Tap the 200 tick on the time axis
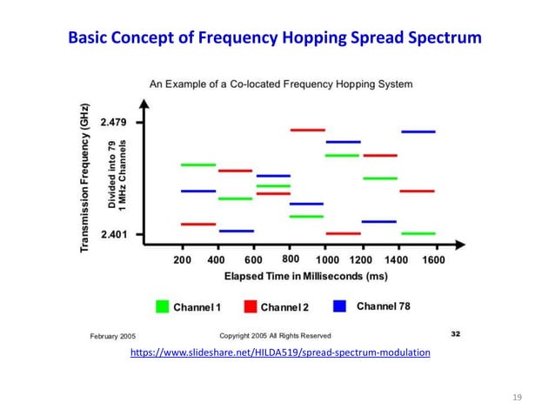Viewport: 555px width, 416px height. pos(183,259)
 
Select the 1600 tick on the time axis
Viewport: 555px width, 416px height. pos(432,259)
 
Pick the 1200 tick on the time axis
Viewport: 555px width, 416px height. pos(360,259)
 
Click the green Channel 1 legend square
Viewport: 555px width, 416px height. pos(162,306)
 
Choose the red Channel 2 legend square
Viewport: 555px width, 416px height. pos(250,306)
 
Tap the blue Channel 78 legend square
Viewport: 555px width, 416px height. pos(340,306)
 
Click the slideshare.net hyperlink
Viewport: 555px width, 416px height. pos(279,352)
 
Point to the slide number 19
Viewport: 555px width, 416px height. pos(517,398)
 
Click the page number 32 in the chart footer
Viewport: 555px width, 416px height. pos(455,332)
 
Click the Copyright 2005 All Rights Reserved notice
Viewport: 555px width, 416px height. pos(274,335)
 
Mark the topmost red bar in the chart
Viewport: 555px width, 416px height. pos(307,130)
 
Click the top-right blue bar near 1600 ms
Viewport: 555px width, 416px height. pos(418,132)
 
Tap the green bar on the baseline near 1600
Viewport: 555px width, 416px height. pos(418,233)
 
